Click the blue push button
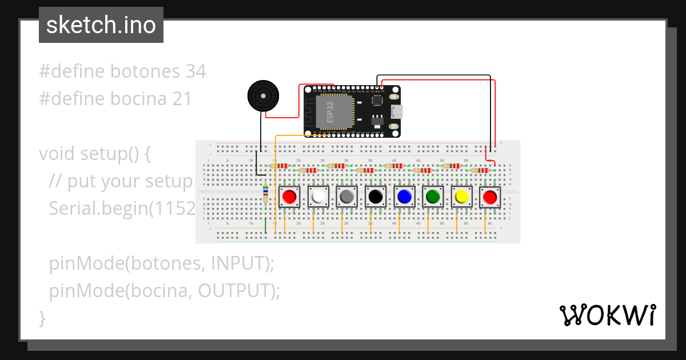tap(404, 197)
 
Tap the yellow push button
tap(461, 197)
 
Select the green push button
tap(433, 197)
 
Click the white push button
tap(318, 197)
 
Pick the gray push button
tap(347, 197)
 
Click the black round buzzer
tap(263, 96)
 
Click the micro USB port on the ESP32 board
tap(396, 111)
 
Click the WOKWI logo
tap(607, 315)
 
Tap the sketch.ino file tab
tap(101, 25)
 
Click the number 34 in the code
tap(196, 71)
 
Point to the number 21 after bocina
tap(182, 99)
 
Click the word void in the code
tap(57, 154)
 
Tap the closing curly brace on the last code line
tap(42, 318)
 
